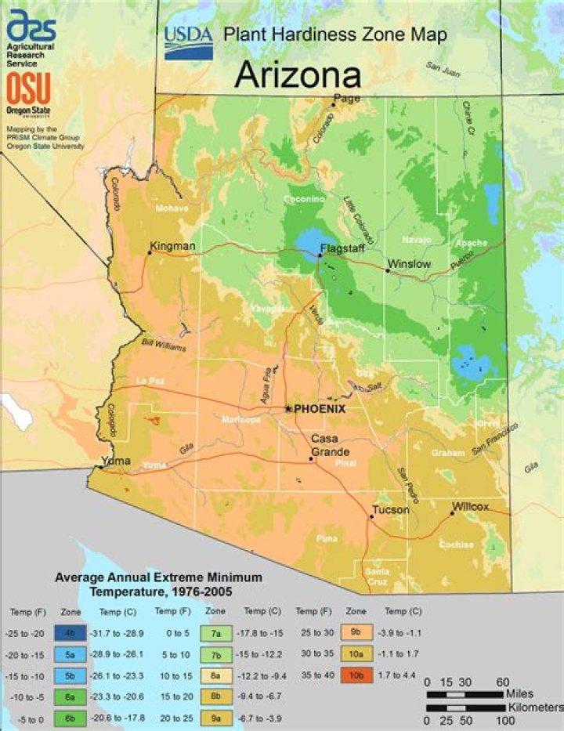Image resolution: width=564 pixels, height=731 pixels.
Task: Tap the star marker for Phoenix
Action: click(288, 409)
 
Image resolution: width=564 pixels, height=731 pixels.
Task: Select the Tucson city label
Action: click(391, 510)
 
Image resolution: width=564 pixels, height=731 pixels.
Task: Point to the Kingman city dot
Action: click(150, 253)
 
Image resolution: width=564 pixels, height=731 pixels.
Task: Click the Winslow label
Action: click(410, 264)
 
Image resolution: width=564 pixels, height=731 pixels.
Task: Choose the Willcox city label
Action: click(470, 507)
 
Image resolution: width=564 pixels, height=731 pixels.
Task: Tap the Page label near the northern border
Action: click(346, 99)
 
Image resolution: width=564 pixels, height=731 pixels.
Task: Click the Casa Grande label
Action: click(325, 445)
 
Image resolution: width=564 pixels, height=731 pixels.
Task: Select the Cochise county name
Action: click(456, 545)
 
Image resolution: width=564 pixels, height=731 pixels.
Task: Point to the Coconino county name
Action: click(304, 200)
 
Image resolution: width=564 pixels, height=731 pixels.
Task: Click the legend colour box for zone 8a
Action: click(215, 673)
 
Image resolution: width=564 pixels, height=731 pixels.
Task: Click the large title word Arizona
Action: click(298, 75)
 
